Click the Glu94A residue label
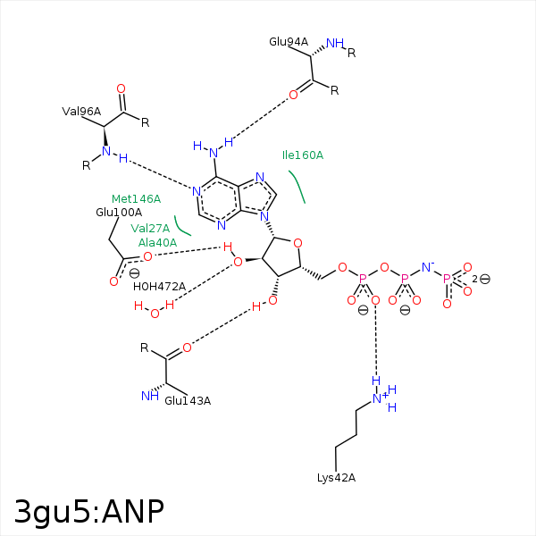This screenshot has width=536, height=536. [289, 42]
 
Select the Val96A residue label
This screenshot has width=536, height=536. [81, 112]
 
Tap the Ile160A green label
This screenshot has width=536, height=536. [303, 155]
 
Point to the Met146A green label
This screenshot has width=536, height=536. [136, 198]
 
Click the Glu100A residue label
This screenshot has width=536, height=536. [119, 213]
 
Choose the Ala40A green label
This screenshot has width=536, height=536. [157, 243]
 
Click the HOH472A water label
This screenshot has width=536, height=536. [159, 287]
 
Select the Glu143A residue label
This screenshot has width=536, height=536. [188, 400]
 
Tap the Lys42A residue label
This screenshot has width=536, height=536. [336, 478]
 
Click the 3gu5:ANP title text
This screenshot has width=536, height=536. [89, 512]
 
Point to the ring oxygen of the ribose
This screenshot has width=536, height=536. [297, 241]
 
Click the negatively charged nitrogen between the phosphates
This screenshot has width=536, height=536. [426, 266]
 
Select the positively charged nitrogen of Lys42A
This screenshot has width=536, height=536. [377, 398]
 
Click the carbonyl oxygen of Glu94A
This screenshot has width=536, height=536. [293, 95]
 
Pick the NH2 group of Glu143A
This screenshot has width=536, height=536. [149, 396]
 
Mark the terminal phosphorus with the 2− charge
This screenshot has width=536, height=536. [448, 279]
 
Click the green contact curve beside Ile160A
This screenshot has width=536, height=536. [297, 186]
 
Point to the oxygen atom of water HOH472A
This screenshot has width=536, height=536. [155, 313]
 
